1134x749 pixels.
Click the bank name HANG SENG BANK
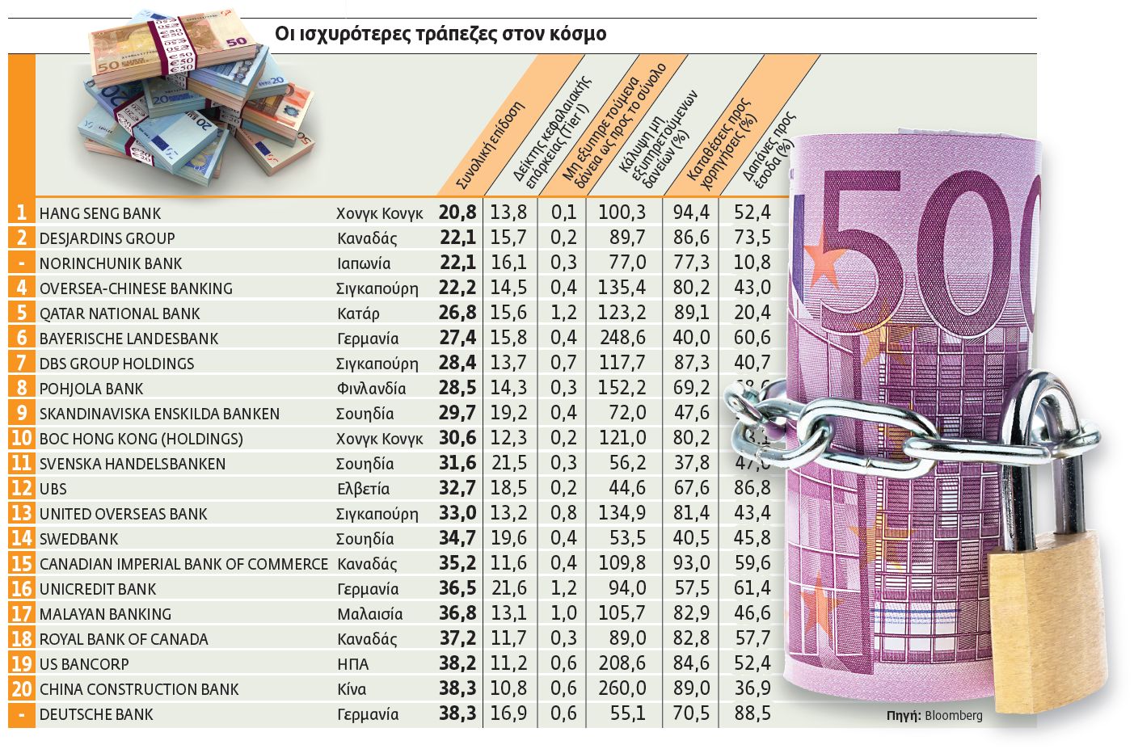click(100, 213)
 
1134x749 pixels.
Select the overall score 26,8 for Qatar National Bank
click(457, 313)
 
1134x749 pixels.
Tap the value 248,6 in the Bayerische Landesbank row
click(622, 338)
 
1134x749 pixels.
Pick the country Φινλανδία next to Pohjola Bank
click(371, 389)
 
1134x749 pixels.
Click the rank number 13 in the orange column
click(22, 514)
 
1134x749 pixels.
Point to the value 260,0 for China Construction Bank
click(622, 688)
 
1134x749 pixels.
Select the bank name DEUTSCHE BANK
click(96, 714)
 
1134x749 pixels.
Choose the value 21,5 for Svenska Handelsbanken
click(508, 463)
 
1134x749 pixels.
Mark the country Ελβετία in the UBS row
click(363, 489)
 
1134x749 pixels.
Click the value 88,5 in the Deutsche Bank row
click(752, 714)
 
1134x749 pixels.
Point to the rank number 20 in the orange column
click(22, 689)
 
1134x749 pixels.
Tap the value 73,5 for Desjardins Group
click(752, 238)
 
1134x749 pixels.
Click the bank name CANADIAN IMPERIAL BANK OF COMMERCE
click(183, 564)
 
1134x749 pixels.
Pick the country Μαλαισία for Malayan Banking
click(369, 614)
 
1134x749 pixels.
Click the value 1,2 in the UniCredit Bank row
click(563, 588)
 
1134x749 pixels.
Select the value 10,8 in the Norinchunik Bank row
click(752, 263)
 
